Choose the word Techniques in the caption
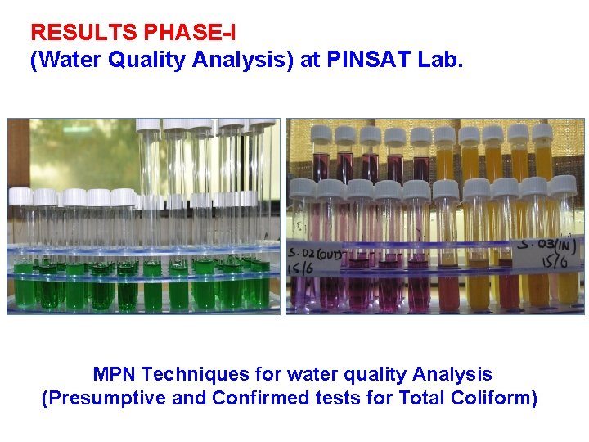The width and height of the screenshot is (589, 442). click(x=194, y=375)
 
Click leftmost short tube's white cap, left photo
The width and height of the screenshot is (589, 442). click(x=20, y=196)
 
